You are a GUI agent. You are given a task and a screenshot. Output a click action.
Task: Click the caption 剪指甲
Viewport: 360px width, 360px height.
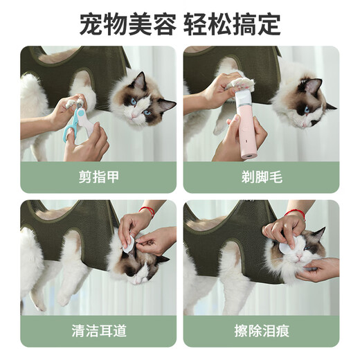pyautogui.click(x=98, y=177)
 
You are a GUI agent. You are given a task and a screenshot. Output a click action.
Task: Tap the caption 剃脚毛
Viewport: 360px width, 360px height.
pyautogui.click(x=261, y=177)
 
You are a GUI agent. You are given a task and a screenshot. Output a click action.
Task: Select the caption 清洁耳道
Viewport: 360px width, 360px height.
pyautogui.click(x=98, y=330)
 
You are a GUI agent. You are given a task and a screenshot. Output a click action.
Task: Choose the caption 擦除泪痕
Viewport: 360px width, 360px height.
pyautogui.click(x=261, y=330)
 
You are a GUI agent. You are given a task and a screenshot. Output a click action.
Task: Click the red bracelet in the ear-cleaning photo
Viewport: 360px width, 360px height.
pyautogui.click(x=147, y=210)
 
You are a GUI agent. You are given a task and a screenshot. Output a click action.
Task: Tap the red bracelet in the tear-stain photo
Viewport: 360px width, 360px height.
pyautogui.click(x=296, y=213)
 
